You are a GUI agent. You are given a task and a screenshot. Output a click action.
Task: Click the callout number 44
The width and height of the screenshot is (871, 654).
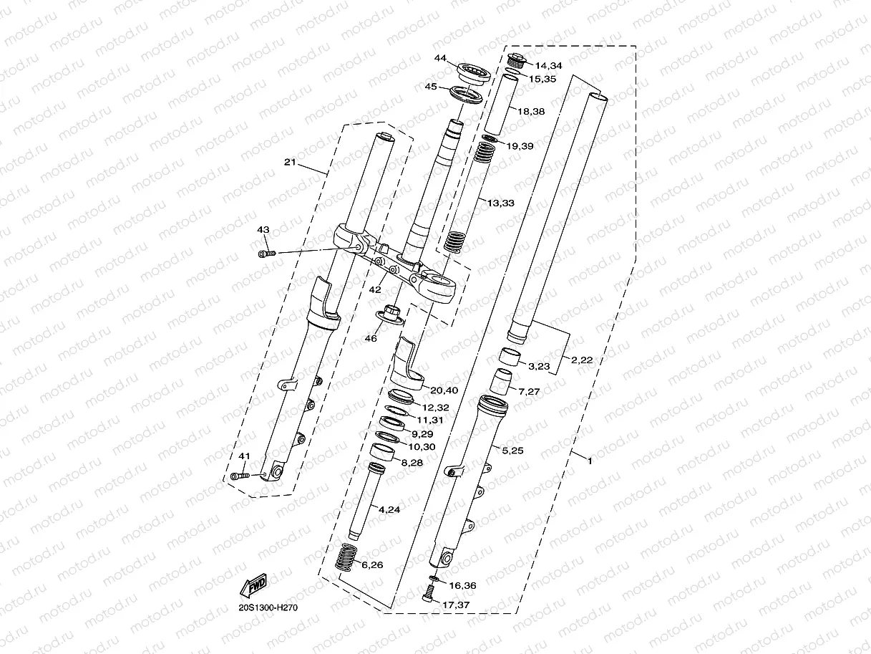(x=440, y=58)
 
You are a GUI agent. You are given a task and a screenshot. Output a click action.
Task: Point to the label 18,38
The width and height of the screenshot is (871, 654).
(x=530, y=111)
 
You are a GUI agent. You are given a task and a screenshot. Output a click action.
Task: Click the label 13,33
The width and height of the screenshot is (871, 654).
(x=501, y=203)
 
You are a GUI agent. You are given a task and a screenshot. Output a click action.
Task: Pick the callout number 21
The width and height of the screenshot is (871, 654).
(x=289, y=163)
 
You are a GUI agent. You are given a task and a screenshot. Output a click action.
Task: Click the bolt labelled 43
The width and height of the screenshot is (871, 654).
(x=265, y=254)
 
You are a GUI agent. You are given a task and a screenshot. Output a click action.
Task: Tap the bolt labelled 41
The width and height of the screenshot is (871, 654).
(x=241, y=475)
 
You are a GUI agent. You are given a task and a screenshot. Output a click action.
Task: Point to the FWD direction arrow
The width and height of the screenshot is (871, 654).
(x=254, y=586)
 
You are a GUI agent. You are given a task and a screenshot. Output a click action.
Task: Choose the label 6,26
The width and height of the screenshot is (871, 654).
(x=372, y=565)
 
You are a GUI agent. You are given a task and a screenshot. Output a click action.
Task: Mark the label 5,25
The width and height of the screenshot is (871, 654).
(x=513, y=450)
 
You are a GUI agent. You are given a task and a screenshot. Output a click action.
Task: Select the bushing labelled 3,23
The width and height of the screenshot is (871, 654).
(x=510, y=356)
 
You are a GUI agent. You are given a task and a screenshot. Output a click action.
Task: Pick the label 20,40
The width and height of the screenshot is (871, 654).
(x=444, y=390)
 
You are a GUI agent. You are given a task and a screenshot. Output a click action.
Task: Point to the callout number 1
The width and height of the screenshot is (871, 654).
(x=589, y=461)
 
